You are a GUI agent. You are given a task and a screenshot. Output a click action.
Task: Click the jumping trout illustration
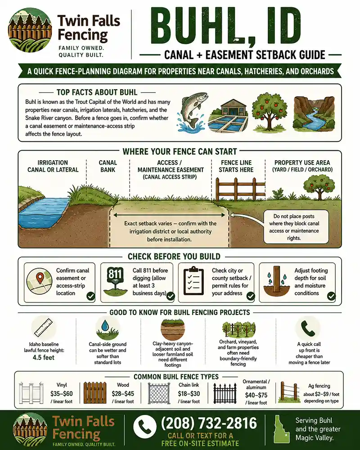[192, 111]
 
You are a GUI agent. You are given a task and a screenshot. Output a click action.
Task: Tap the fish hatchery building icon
[229, 116]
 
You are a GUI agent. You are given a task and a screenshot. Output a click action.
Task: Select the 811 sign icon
[115, 282]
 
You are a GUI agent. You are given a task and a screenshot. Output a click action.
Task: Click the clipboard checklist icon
[193, 281]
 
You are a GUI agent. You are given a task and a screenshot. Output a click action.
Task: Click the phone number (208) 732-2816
[209, 423]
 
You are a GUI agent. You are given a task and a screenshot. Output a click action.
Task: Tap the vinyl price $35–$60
[62, 393]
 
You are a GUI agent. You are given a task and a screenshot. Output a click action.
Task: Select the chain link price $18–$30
[189, 393]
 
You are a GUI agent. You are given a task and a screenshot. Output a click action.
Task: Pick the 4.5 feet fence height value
[43, 357]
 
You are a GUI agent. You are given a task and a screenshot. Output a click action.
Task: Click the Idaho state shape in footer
[281, 429]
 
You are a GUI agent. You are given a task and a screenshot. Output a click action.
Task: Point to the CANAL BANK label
[108, 166]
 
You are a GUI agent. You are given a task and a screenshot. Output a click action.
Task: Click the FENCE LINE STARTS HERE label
[236, 166]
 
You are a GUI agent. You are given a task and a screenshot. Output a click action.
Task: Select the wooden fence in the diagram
[240, 189]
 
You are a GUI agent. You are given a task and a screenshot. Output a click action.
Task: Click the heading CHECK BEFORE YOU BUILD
[174, 256]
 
